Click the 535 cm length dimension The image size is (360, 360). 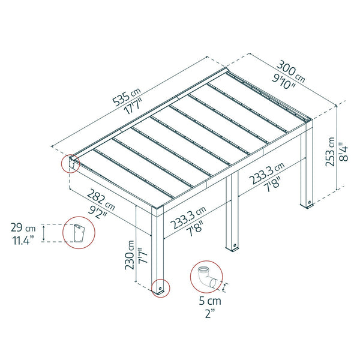click(126, 97)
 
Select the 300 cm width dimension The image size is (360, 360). click(291, 71)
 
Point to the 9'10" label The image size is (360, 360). click(284, 82)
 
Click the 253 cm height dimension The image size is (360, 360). click(331, 152)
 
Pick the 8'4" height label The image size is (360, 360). click(344, 152)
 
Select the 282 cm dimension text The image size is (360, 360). click(101, 200)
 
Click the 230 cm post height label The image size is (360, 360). click(130, 255)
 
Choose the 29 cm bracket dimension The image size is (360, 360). click(23, 228)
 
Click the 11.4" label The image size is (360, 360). click(23, 241)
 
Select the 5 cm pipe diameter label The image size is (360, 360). click(210, 301)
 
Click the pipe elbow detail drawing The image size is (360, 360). click(207, 277)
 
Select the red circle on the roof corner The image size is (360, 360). click(62, 164)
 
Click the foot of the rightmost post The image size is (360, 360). click(308, 205)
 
